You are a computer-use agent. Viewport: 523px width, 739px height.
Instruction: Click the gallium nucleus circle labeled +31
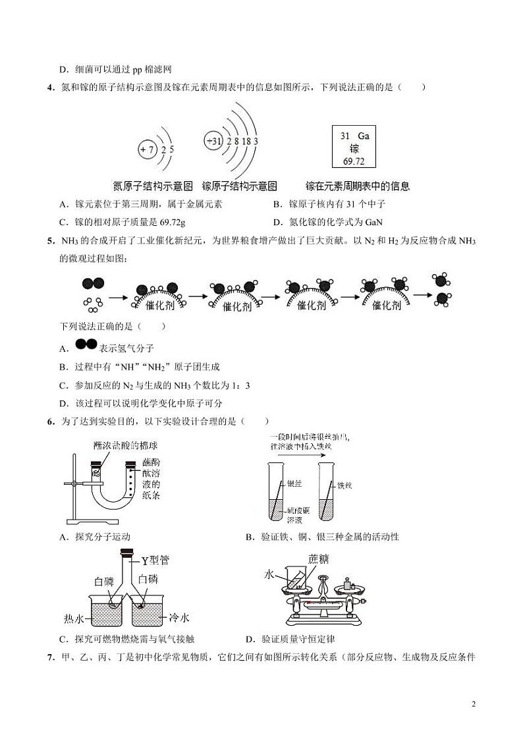214,142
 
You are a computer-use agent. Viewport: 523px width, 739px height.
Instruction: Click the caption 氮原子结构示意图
153,186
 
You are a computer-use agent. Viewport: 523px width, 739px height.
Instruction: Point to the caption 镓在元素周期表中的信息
358,186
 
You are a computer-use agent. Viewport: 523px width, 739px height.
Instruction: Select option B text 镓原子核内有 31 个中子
337,205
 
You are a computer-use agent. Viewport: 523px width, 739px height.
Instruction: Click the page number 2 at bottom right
474,704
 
